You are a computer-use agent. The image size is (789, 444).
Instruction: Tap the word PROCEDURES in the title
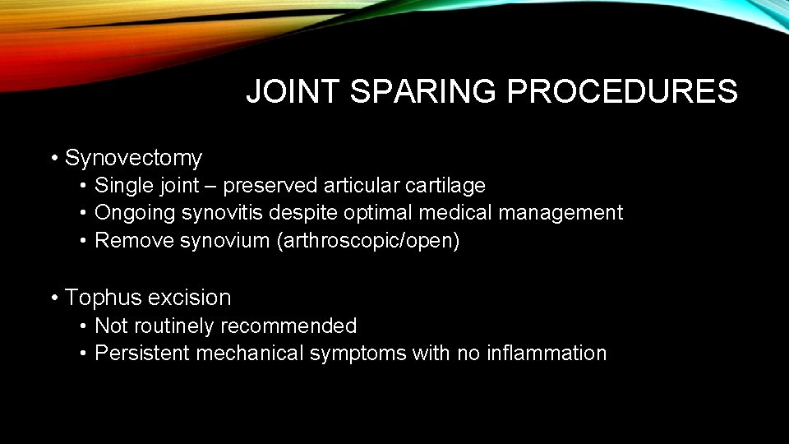pos(622,91)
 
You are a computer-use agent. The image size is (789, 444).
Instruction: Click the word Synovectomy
pos(133,157)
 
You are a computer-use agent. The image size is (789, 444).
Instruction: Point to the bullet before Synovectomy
pos(54,158)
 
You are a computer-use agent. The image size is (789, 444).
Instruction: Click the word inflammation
pos(545,354)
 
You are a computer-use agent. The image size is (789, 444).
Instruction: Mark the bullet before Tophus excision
pos(54,298)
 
